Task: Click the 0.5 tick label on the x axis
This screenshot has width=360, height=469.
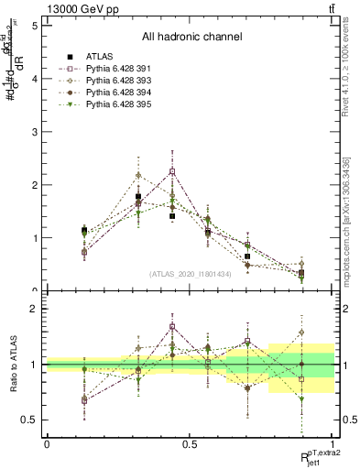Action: click(190, 443)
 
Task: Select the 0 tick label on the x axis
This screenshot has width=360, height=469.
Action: click(47, 443)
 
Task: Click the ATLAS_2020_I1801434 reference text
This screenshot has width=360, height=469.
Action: click(191, 273)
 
